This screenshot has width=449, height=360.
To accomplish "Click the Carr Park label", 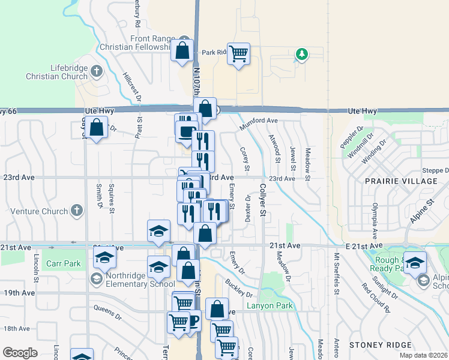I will pyautogui.click(x=63, y=263).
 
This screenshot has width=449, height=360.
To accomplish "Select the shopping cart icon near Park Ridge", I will pyautogui.click(x=239, y=54).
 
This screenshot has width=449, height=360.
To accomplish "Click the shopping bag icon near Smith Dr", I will pyautogui.click(x=96, y=127).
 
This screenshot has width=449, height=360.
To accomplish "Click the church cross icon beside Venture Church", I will pyautogui.click(x=76, y=211).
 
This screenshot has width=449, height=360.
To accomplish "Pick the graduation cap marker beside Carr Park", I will pyautogui.click(x=105, y=258).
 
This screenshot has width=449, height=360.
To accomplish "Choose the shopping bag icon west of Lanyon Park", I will pyautogui.click(x=217, y=310).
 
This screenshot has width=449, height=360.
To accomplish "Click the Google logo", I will pyautogui.click(x=20, y=352).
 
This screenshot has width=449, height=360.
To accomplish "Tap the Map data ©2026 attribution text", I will pyautogui.click(x=423, y=355).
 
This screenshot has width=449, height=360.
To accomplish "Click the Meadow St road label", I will pyautogui.click(x=307, y=165).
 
